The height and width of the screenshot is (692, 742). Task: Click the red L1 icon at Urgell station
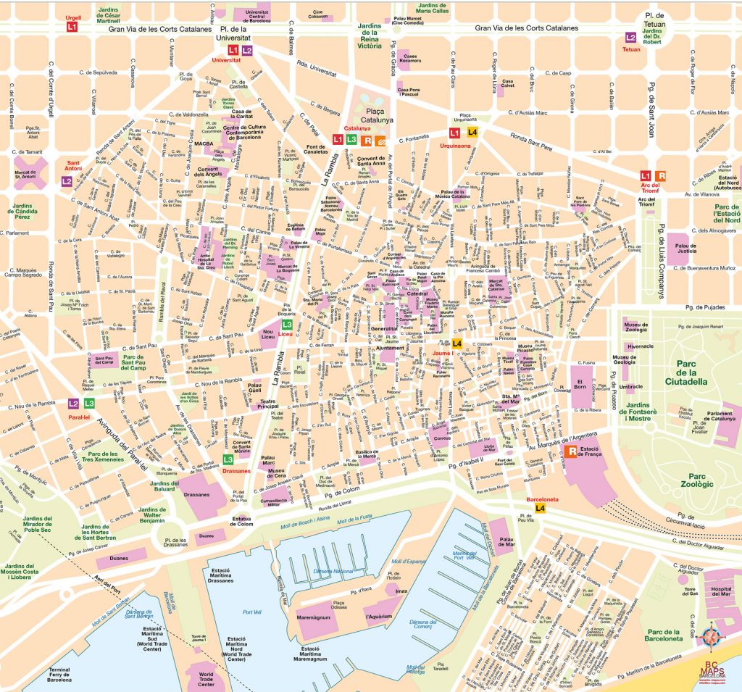72,27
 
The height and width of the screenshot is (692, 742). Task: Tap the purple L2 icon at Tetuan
631,37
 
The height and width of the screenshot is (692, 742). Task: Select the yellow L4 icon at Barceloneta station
541,508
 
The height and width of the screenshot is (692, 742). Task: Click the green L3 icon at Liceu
287,325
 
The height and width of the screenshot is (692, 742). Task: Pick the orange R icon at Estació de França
572,452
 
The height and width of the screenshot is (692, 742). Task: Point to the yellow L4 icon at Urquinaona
472,133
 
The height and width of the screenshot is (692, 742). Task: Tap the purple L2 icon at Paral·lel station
73,404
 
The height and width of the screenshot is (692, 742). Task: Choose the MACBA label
203,143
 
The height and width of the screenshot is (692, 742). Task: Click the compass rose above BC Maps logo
712,638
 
